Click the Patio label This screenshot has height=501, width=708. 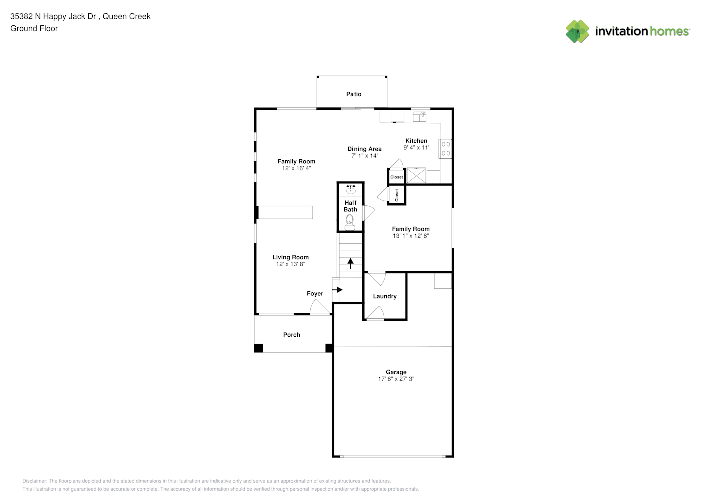(353, 94)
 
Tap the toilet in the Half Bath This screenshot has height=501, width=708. (350, 222)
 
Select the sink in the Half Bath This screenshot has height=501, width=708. (351, 189)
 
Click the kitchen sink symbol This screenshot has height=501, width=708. (420, 116)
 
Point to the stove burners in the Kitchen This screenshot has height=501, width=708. (445, 149)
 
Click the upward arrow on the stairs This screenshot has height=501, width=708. (350, 263)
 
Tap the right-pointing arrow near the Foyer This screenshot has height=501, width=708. (337, 290)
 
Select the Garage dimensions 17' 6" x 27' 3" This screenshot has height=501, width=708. (396, 379)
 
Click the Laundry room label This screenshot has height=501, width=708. (385, 296)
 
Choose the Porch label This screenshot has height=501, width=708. (292, 335)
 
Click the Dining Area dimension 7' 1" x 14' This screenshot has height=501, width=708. (365, 156)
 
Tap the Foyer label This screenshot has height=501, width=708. (315, 294)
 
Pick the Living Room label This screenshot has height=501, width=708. (291, 257)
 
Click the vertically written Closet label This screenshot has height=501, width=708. (397, 195)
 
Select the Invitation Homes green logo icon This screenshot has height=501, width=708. (577, 31)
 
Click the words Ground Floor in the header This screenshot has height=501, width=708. (34, 28)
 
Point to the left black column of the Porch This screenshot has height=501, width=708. (258, 348)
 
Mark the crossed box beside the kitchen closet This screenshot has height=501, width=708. (416, 175)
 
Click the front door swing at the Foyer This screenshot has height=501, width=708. (320, 307)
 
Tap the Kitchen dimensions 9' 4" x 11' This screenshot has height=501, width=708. (416, 148)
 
